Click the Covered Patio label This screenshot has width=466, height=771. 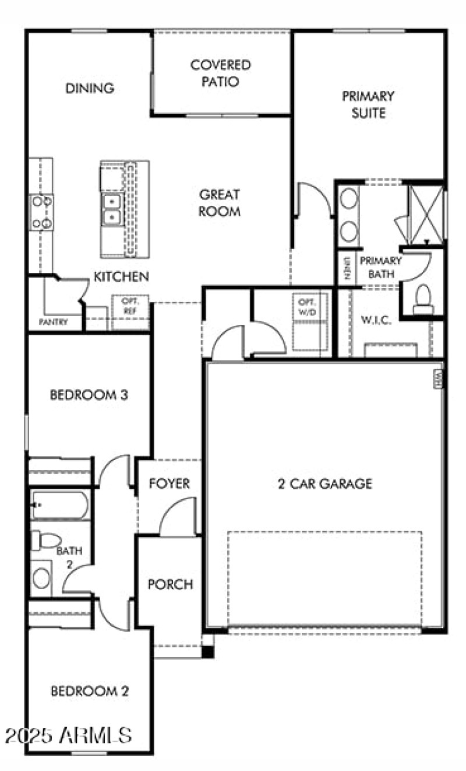(221, 73)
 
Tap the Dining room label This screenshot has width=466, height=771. (89, 89)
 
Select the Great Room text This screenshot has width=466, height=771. (220, 203)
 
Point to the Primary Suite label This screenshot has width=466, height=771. (368, 104)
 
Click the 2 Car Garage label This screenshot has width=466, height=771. (324, 483)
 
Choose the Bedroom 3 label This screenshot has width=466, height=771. (89, 395)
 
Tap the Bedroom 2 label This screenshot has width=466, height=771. (89, 692)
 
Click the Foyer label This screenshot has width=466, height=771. (170, 483)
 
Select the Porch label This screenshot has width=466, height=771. (170, 584)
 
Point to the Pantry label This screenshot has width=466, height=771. (54, 321)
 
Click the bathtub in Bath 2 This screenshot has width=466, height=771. (61, 505)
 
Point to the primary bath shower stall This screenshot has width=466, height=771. (425, 213)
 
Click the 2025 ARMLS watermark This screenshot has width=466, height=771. (67, 734)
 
